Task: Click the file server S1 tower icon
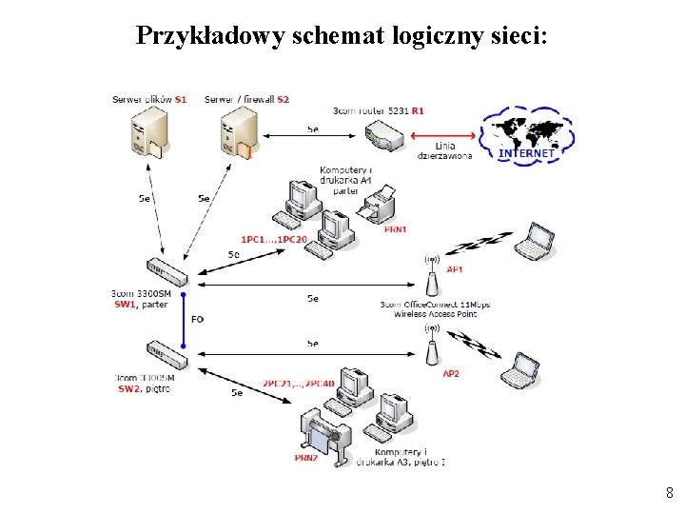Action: pyautogui.click(x=149, y=131)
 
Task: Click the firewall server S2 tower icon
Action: pyautogui.click(x=237, y=131)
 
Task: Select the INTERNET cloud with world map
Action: pyautogui.click(x=527, y=135)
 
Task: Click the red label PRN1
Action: pyautogui.click(x=395, y=228)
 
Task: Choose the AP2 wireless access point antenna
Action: pyautogui.click(x=431, y=346)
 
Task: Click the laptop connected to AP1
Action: pyautogui.click(x=535, y=242)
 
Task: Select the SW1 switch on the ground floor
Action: pyautogui.click(x=166, y=271)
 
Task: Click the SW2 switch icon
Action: pyautogui.click(x=166, y=355)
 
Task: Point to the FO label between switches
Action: pyautogui.click(x=197, y=319)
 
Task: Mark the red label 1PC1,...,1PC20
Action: pyautogui.click(x=274, y=239)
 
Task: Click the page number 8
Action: pyautogui.click(x=670, y=493)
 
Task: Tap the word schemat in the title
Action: pyautogui.click(x=338, y=35)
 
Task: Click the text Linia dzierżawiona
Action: pyautogui.click(x=444, y=150)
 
